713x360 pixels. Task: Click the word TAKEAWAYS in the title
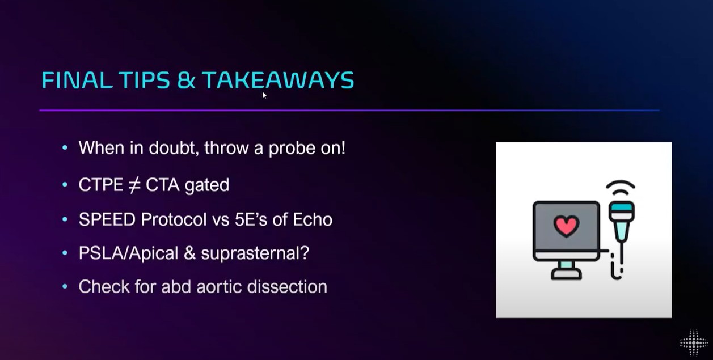pos(278,80)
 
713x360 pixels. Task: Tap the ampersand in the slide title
pos(186,80)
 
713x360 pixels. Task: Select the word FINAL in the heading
pos(77,80)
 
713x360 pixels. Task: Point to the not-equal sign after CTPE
pos(134,185)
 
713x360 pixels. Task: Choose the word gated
pos(207,185)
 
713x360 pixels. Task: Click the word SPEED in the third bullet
pos(107,219)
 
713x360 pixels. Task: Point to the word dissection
pos(287,286)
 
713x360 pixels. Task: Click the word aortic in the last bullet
pos(219,286)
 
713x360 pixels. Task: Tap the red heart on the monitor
pos(566,226)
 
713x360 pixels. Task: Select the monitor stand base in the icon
pos(567,274)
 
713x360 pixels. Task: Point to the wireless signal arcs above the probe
pos(621,187)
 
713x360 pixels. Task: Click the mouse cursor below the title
pos(264,95)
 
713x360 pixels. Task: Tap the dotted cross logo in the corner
pos(694,343)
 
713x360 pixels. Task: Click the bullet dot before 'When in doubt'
pos(65,147)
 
